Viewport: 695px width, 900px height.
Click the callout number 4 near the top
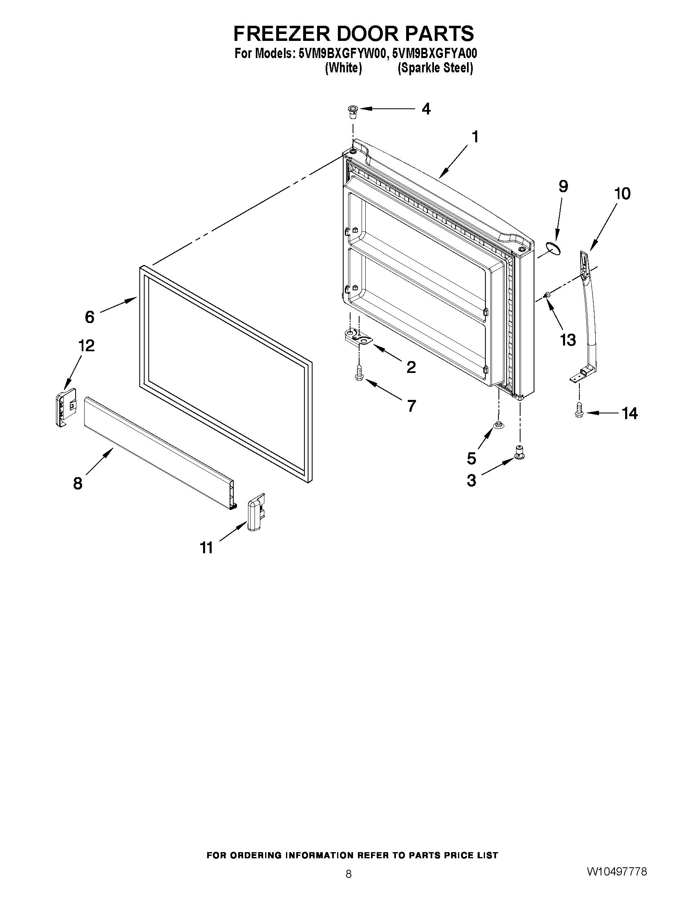tap(426, 109)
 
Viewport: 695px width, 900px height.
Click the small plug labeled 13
tap(548, 294)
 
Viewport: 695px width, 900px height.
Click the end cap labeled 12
tap(66, 407)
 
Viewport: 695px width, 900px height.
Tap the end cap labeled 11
tap(256, 513)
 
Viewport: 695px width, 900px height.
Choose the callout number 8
tap(78, 483)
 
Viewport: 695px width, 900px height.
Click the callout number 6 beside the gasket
tap(90, 317)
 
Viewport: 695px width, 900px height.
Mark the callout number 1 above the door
tap(475, 137)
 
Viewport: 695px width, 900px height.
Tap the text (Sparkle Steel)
tap(434, 68)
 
